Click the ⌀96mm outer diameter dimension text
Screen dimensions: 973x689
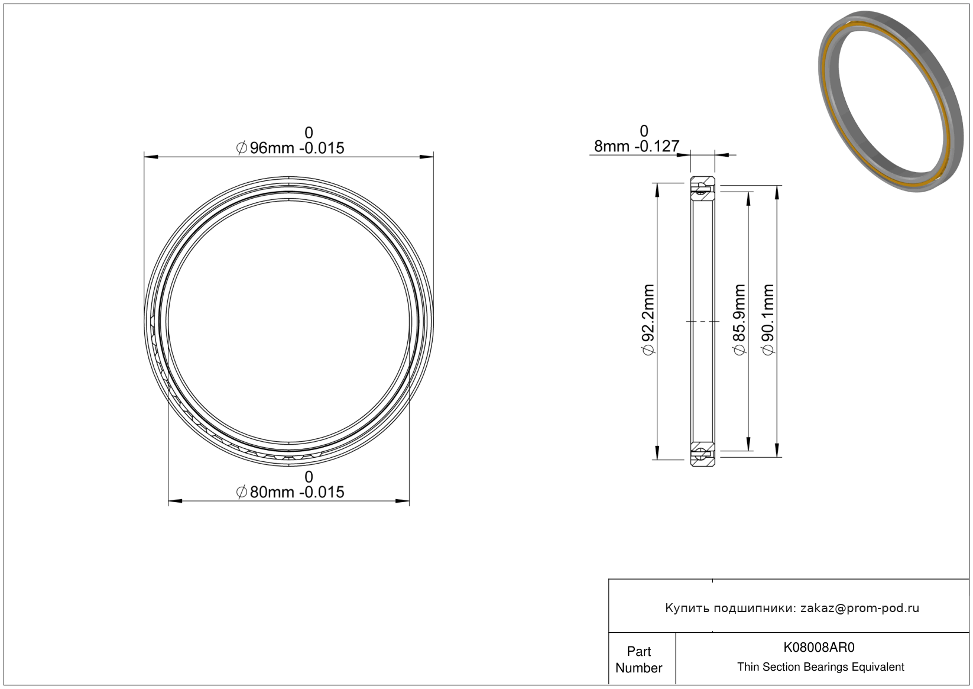point(290,148)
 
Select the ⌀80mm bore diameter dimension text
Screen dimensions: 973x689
point(290,492)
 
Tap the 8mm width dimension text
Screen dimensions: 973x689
point(637,147)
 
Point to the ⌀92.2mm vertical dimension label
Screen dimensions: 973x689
point(648,319)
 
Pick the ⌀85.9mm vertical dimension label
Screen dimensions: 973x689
point(740,319)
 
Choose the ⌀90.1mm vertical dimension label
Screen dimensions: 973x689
point(768,319)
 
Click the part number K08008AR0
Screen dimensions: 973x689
point(819,647)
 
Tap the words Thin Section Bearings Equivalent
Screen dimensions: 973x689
point(820,667)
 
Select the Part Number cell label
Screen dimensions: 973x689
point(638,659)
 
